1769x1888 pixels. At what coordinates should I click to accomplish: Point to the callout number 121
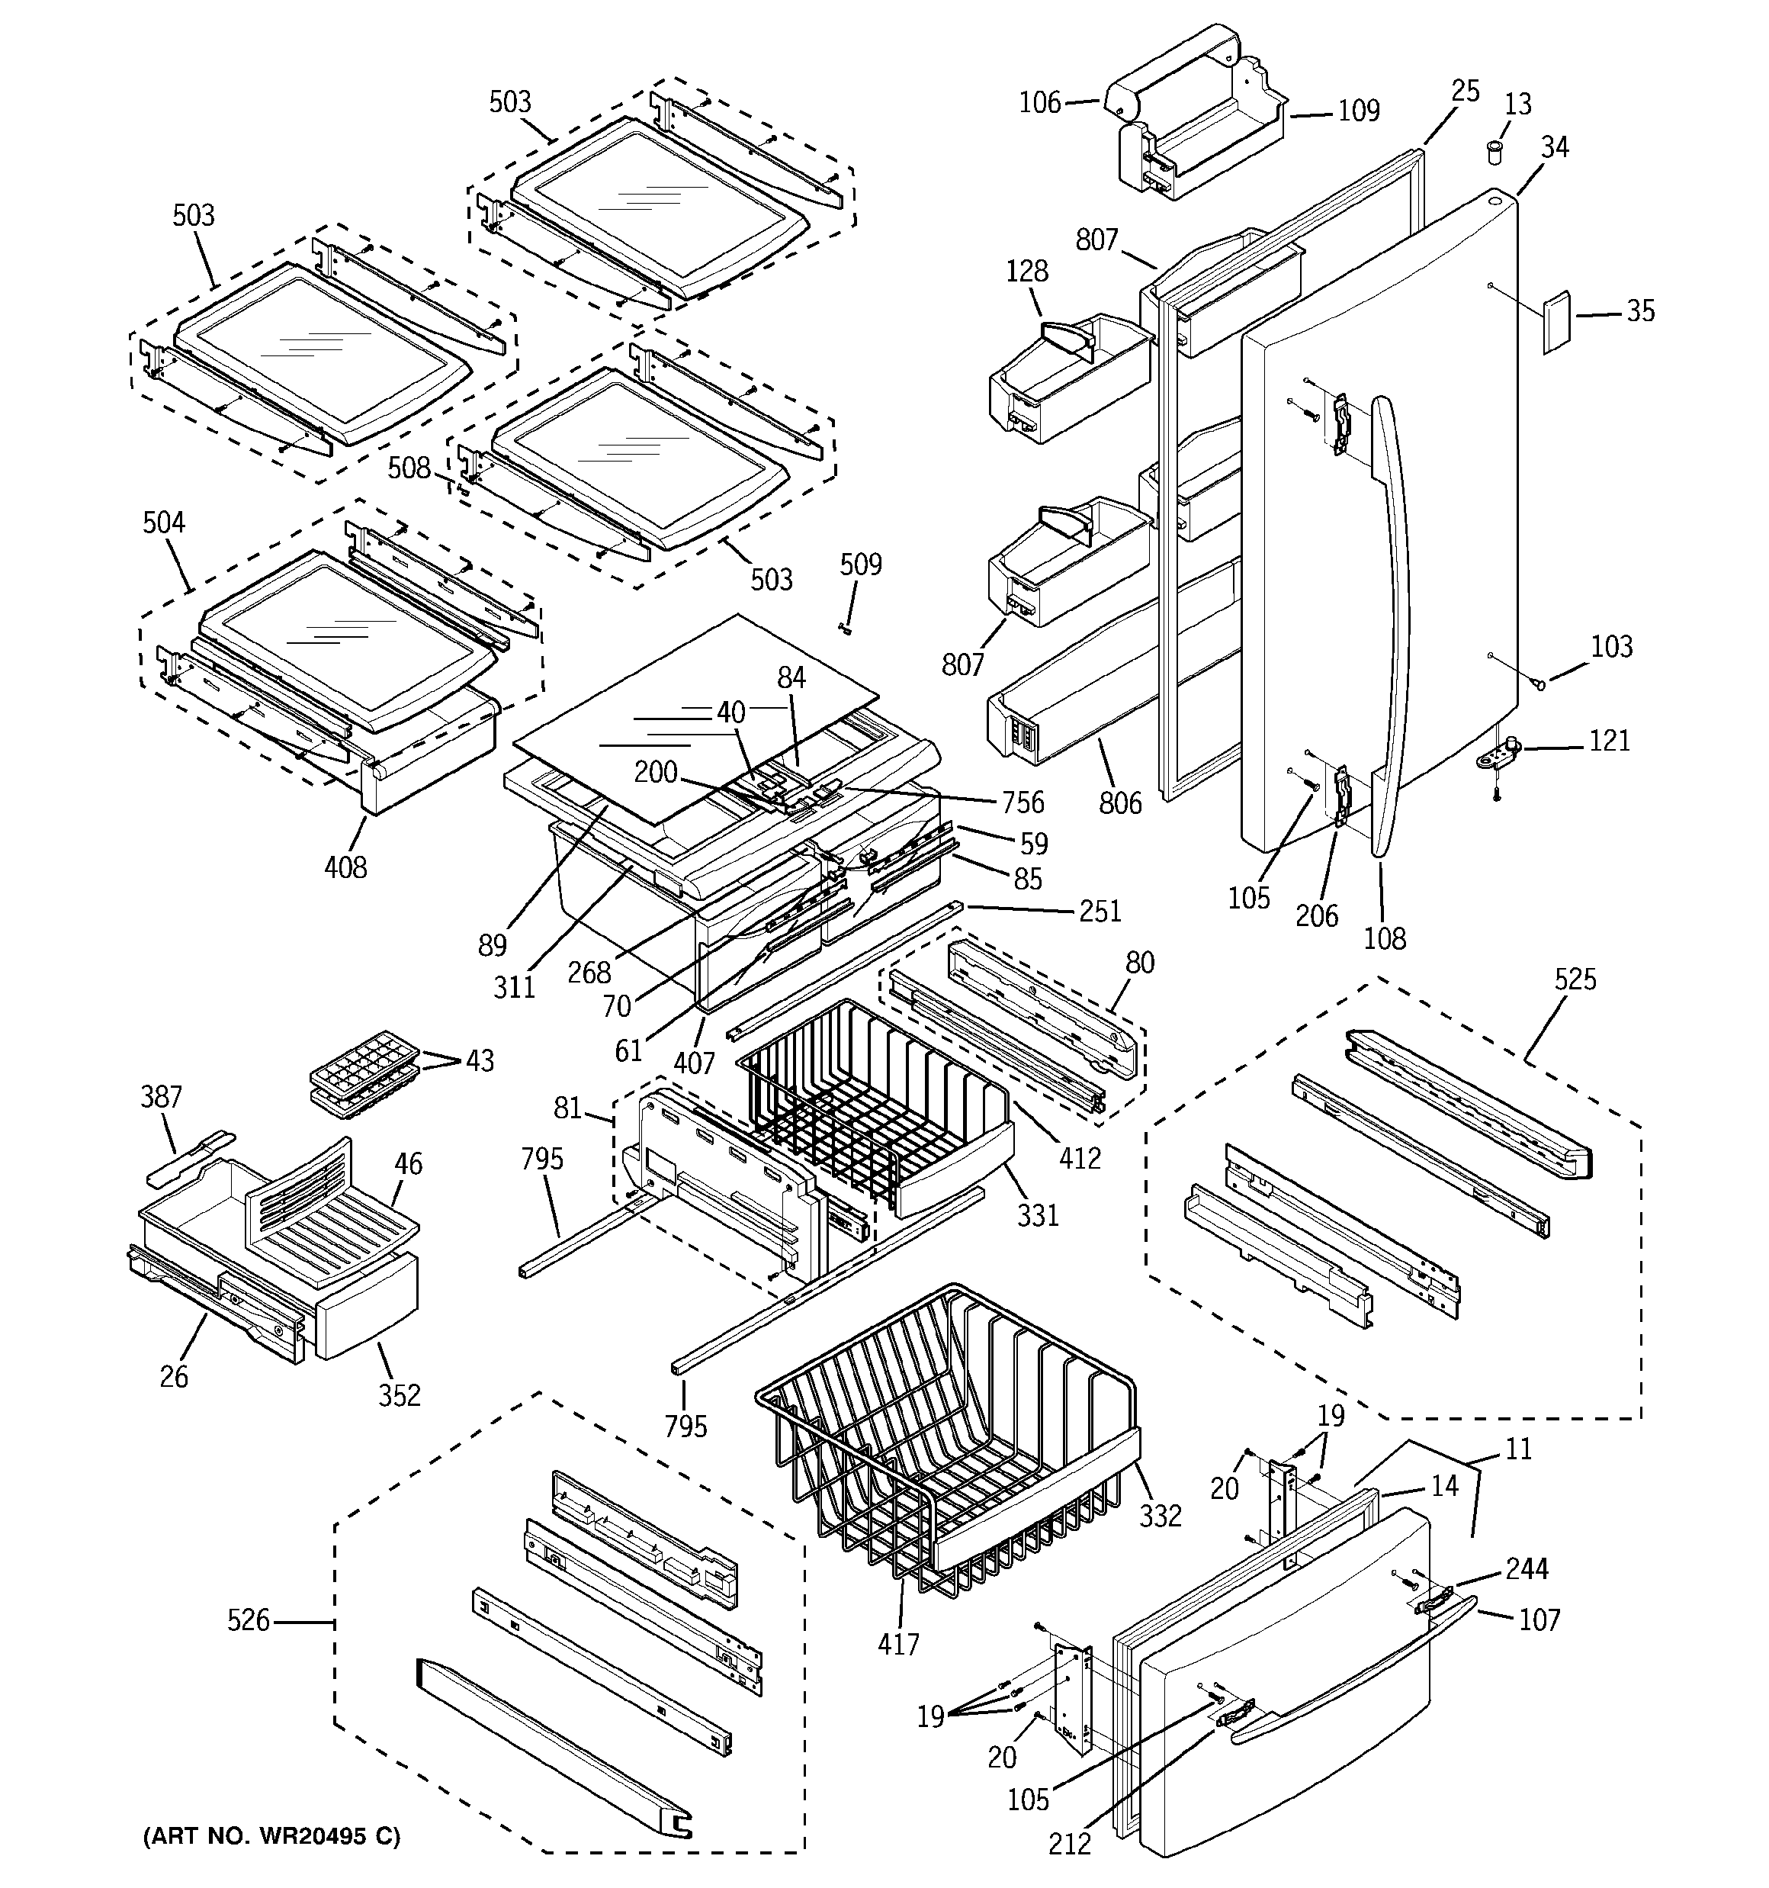point(1610,741)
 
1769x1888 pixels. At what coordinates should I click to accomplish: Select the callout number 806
point(1119,803)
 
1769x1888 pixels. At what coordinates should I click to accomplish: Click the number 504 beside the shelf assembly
point(163,523)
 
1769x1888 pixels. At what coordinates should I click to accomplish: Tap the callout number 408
point(345,867)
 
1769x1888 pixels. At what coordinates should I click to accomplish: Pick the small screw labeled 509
point(845,628)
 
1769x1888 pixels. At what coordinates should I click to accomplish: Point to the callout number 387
point(160,1098)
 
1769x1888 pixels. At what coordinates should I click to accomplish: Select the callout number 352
point(399,1396)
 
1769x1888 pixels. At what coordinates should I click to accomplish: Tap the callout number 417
point(897,1644)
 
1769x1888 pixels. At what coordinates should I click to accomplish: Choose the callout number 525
point(1575,979)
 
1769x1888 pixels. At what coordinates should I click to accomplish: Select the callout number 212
point(1069,1843)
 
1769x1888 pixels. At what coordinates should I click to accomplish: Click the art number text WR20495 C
point(271,1837)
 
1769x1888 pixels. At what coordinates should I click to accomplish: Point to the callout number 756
point(1022,802)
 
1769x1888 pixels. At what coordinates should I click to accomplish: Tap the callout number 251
point(1100,912)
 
